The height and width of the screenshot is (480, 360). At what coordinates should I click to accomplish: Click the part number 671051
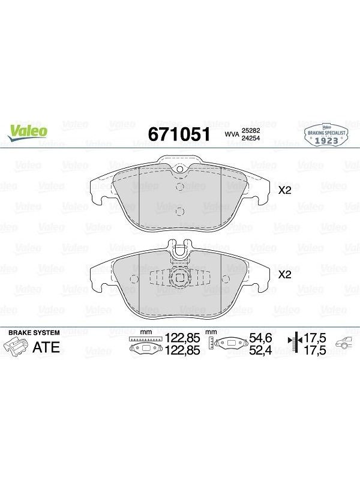(179, 134)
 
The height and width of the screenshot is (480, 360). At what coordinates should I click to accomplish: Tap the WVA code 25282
(251, 131)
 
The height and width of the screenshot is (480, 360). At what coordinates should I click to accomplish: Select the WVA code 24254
(251, 138)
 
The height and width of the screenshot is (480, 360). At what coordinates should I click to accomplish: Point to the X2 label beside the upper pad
(284, 190)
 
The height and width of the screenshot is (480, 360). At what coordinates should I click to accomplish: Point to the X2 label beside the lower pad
(284, 275)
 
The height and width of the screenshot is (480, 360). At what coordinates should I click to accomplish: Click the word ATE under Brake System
(46, 347)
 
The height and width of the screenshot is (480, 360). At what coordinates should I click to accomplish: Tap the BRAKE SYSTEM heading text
(34, 333)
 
